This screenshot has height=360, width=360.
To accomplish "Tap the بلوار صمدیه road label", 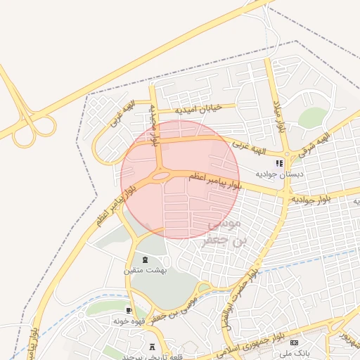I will click(153, 125).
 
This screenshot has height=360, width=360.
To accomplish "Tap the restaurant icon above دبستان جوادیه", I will click(279, 163).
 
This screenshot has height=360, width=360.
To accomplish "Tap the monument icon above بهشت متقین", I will click(145, 259).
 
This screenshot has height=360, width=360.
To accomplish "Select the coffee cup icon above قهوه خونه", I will click(129, 310).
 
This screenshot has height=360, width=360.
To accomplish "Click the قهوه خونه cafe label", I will click(129, 321).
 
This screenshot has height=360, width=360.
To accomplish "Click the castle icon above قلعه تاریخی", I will click(153, 347).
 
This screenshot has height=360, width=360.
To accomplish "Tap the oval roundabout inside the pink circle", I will click(161, 176).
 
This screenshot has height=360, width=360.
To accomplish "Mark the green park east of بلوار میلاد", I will click(312, 117).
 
